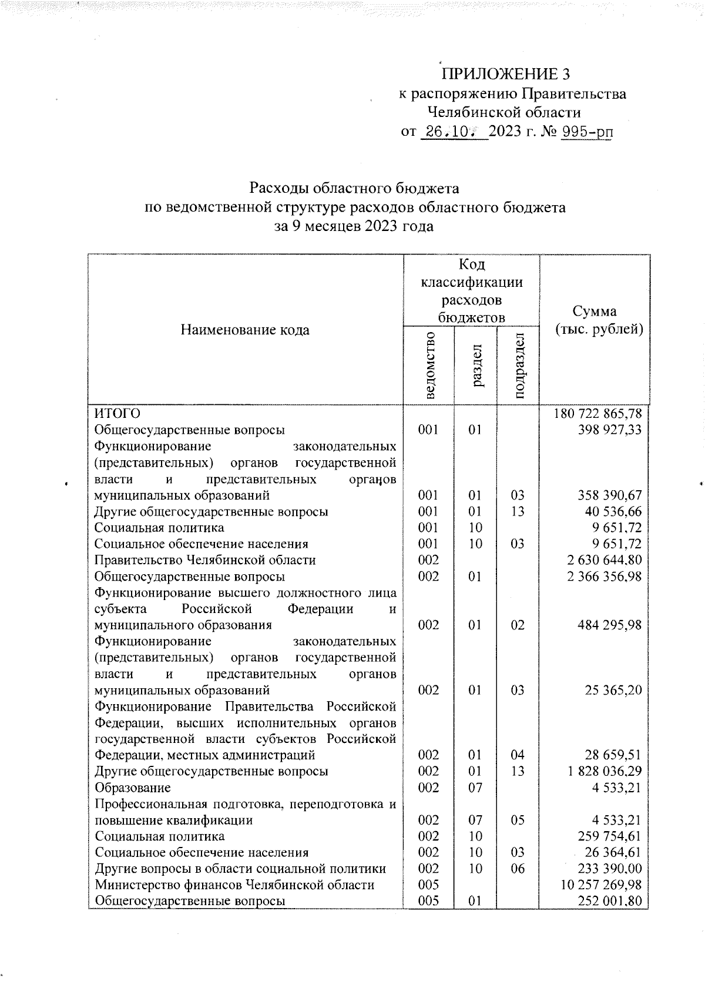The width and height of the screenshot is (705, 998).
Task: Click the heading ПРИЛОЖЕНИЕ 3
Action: pyautogui.click(x=505, y=74)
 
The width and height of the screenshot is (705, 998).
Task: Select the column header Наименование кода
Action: pyautogui.click(x=245, y=330)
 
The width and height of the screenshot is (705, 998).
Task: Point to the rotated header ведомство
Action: pyautogui.click(x=429, y=365)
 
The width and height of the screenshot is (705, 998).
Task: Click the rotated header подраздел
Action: pyautogui.click(x=518, y=365)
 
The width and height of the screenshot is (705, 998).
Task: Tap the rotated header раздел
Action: pyautogui.click(x=476, y=365)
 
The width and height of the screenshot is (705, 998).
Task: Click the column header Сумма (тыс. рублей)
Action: pyautogui.click(x=595, y=320)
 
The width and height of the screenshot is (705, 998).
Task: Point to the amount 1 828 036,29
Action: pyautogui.click(x=604, y=771)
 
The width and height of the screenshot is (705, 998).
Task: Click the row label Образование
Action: pyautogui.click(x=133, y=787)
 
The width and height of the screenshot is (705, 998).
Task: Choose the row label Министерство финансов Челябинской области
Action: pyautogui.click(x=234, y=885)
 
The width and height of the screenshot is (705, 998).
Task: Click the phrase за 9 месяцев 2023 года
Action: pyautogui.click(x=354, y=226)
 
